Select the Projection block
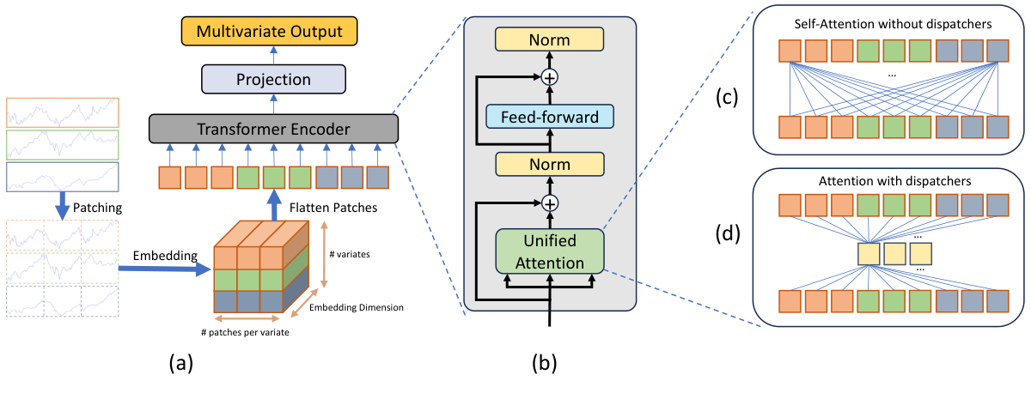[x=272, y=80]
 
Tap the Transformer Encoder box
[x=274, y=130]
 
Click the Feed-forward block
[x=550, y=117]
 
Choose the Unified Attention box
[x=550, y=251]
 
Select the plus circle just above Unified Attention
[x=550, y=204]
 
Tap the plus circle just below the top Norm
[x=550, y=77]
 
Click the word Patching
[x=97, y=208]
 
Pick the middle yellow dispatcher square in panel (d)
[x=896, y=254]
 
